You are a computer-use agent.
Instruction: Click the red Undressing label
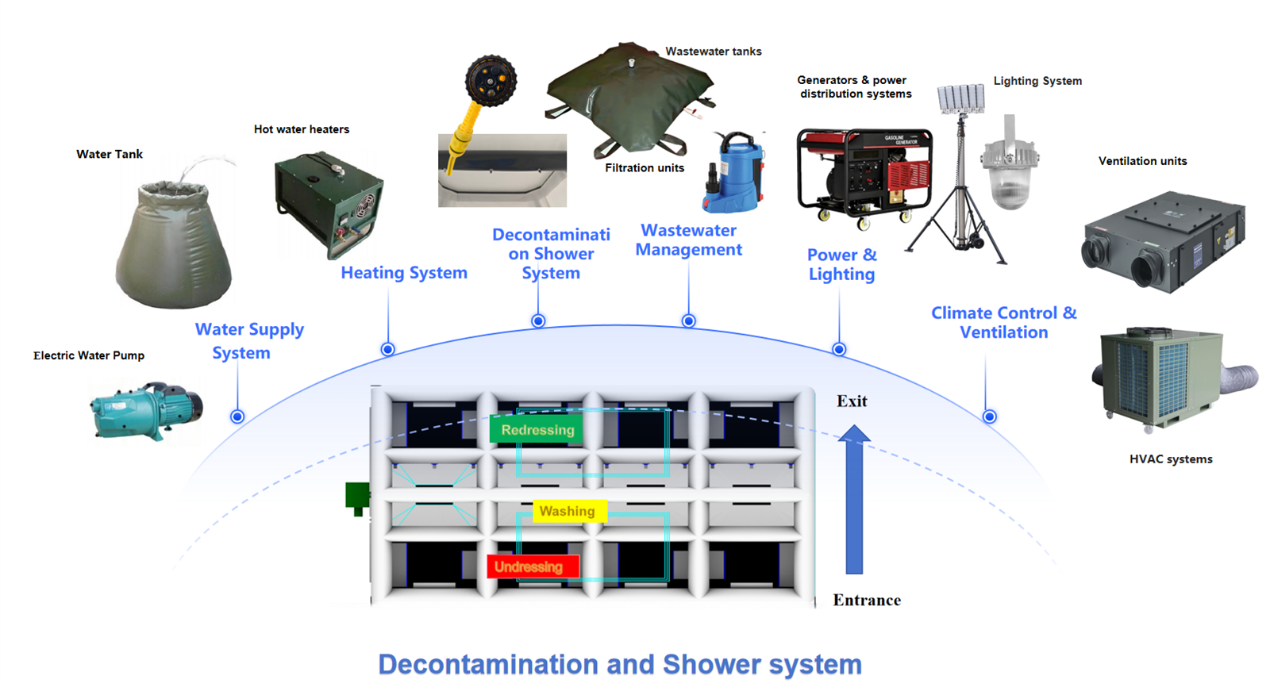pyautogui.click(x=533, y=566)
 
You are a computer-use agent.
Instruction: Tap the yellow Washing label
pyautogui.click(x=569, y=511)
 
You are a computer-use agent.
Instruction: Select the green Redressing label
pyautogui.click(x=537, y=430)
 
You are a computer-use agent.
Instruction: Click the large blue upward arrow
pyautogui.click(x=854, y=499)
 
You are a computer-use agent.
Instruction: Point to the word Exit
pyautogui.click(x=852, y=401)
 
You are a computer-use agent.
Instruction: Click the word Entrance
pyautogui.click(x=866, y=600)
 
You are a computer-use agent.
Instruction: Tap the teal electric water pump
pyautogui.click(x=146, y=410)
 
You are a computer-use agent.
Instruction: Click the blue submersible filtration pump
pyautogui.click(x=733, y=171)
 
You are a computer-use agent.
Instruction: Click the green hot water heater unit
pyautogui.click(x=329, y=203)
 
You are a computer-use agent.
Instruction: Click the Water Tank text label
pyautogui.click(x=110, y=154)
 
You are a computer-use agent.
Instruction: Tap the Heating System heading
pyautogui.click(x=404, y=273)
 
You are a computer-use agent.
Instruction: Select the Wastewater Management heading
pyautogui.click(x=688, y=240)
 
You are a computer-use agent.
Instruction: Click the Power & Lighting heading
pyautogui.click(x=842, y=265)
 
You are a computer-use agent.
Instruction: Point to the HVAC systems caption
pyautogui.click(x=1171, y=459)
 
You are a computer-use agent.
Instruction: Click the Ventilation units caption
pyautogui.click(x=1142, y=161)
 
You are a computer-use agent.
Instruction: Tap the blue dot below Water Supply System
pyautogui.click(x=237, y=416)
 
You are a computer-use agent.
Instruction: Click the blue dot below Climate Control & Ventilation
pyautogui.click(x=989, y=416)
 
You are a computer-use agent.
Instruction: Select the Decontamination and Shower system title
pyautogui.click(x=620, y=664)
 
